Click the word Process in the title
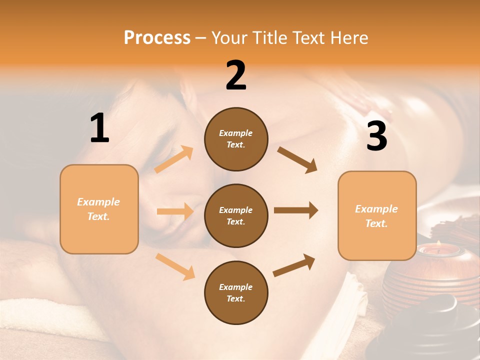(157, 38)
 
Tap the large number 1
(99, 128)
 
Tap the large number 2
(236, 75)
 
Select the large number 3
(376, 136)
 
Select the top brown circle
(236, 139)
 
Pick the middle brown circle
(236, 216)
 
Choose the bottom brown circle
(236, 293)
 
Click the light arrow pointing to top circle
(174, 159)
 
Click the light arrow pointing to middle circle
(175, 211)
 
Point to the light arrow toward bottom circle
(175, 266)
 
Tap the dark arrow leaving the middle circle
(296, 210)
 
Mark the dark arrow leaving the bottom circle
(294, 265)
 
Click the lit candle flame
(438, 243)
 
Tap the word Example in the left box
(98, 202)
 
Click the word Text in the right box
(376, 223)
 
